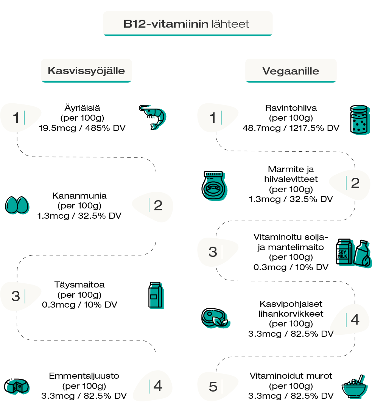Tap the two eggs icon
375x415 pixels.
(x=17, y=205)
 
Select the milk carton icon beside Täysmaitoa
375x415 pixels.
(x=156, y=295)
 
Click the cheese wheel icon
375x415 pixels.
(x=17, y=386)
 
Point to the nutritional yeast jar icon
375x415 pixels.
(x=359, y=120)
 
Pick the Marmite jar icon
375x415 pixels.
(x=214, y=185)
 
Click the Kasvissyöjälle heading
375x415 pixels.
(x=86, y=71)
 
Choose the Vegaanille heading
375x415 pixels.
(x=291, y=71)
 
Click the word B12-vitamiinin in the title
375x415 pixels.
(x=166, y=24)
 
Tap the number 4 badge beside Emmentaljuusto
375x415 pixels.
(x=157, y=386)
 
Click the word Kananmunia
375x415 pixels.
(x=79, y=196)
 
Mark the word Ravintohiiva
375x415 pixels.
(x=291, y=108)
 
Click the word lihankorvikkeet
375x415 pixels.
(x=291, y=314)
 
